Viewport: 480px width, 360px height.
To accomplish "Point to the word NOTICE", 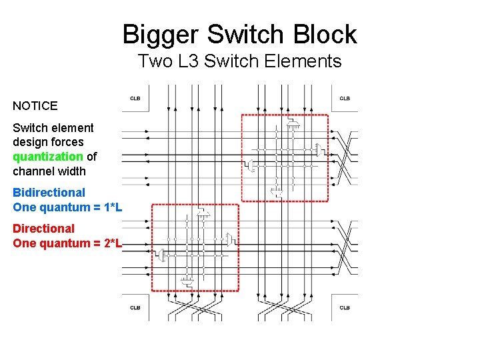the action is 35,105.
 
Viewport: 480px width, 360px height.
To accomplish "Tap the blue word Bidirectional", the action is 49,193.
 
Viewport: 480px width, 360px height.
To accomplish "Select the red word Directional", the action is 43,229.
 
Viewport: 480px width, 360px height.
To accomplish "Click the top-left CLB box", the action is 135,98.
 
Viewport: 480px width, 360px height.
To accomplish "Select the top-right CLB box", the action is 345,98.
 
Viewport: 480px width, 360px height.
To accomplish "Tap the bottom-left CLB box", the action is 135,307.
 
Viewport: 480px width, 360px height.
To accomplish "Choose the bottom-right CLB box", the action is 345,307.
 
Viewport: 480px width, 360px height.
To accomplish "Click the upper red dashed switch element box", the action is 285,157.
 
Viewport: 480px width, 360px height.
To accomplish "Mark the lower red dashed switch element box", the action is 195,247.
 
